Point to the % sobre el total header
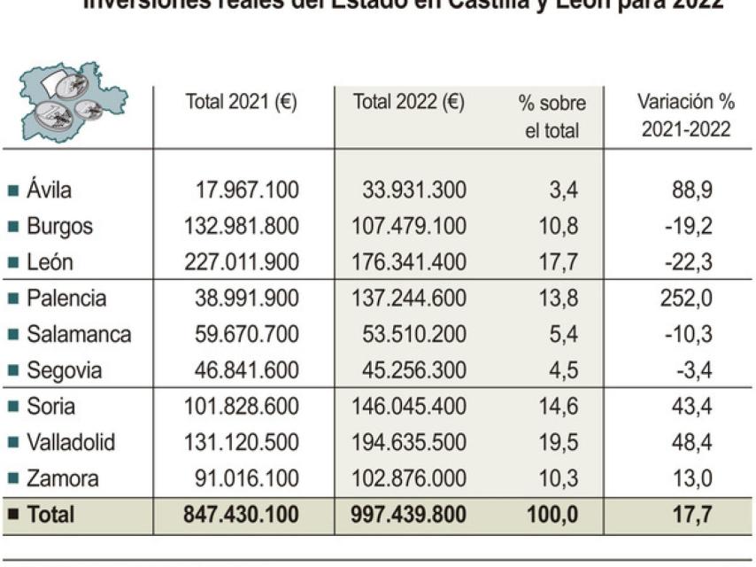point(552,117)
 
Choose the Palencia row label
point(66,299)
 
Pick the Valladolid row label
point(71,442)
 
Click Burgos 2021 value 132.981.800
point(241,226)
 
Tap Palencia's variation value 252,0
point(686,299)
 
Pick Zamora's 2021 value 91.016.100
point(246,479)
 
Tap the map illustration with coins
point(75,101)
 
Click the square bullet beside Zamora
point(12,479)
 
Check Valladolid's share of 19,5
point(559,442)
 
